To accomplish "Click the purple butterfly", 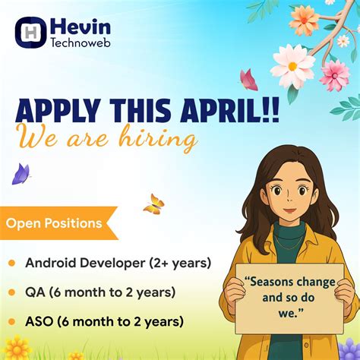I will coord(21,174).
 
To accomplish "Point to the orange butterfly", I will coord(153,204).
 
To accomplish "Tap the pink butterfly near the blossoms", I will coord(248,79).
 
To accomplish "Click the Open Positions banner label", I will coord(54,223).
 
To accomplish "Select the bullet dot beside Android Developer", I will coord(11,264).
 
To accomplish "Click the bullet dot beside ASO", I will coord(11,321).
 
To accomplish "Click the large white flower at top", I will coord(292,65).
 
